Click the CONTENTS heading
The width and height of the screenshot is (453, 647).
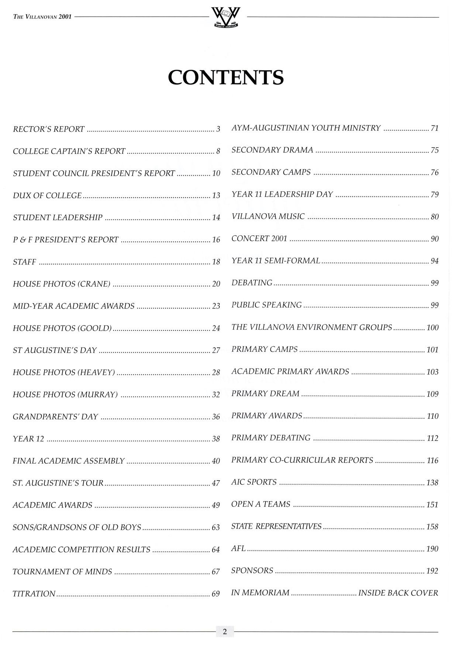pyautogui.click(x=226, y=77)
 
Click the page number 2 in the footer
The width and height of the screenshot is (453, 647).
pyautogui.click(x=225, y=631)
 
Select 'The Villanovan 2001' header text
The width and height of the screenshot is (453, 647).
pyautogui.click(x=42, y=17)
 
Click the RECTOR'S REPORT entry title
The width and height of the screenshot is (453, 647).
pyautogui.click(x=49, y=129)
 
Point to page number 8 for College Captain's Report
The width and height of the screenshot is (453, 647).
pyautogui.click(x=218, y=151)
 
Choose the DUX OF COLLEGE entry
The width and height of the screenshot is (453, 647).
pyautogui.click(x=47, y=196)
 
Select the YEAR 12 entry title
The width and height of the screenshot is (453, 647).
pyautogui.click(x=28, y=439)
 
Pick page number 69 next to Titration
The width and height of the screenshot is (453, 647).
pyautogui.click(x=216, y=594)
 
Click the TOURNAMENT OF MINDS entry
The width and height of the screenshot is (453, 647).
pyautogui.click(x=62, y=572)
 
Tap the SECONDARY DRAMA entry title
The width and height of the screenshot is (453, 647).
pyautogui.click(x=272, y=150)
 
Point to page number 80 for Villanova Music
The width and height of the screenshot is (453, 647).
pyautogui.click(x=435, y=217)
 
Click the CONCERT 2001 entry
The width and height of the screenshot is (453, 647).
pyautogui.click(x=259, y=239)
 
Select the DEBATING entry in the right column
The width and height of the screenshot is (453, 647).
pyautogui.click(x=252, y=283)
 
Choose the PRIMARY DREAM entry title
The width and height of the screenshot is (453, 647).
pyautogui.click(x=266, y=394)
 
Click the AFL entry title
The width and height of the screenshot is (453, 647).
pyautogui.click(x=238, y=549)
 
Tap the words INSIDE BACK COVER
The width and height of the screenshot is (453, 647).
pyautogui.click(x=398, y=593)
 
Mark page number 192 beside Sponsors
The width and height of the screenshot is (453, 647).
pyautogui.click(x=432, y=571)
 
